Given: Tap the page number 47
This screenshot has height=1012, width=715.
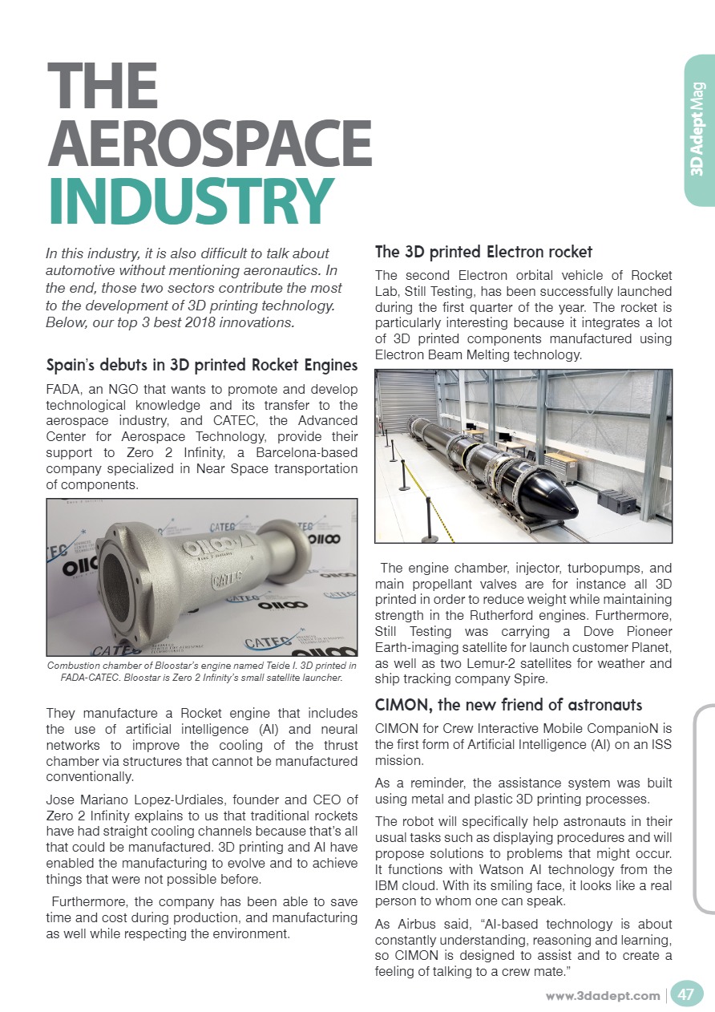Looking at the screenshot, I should pos(686,995).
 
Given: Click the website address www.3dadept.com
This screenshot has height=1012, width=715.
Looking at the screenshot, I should pos(603,996).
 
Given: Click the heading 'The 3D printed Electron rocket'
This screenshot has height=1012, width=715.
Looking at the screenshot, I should pos(483,253).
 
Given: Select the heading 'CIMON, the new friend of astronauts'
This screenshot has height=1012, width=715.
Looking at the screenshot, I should pos(509,705).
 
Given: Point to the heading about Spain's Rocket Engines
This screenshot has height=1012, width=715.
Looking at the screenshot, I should pos(202,366).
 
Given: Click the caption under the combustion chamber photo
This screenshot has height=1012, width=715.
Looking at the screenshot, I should pos(202,672).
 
